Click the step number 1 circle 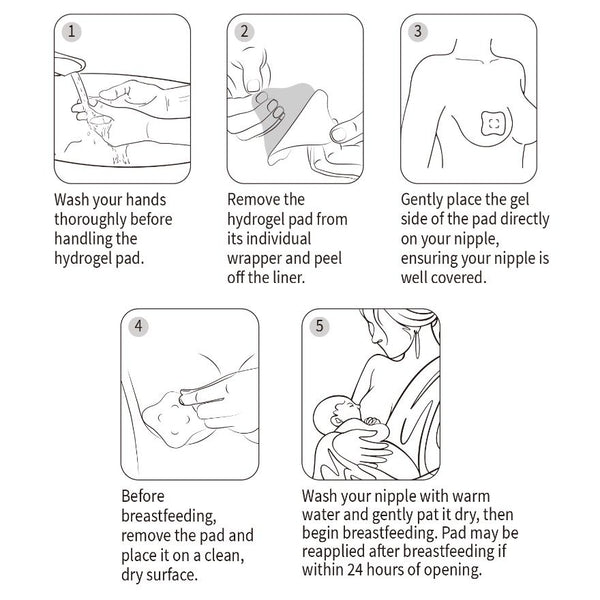(71, 31)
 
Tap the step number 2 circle (244, 31)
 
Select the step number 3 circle (418, 31)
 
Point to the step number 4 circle (139, 325)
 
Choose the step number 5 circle (319, 325)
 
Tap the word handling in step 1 (85, 239)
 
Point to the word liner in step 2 (297, 278)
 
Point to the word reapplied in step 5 (341, 552)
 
